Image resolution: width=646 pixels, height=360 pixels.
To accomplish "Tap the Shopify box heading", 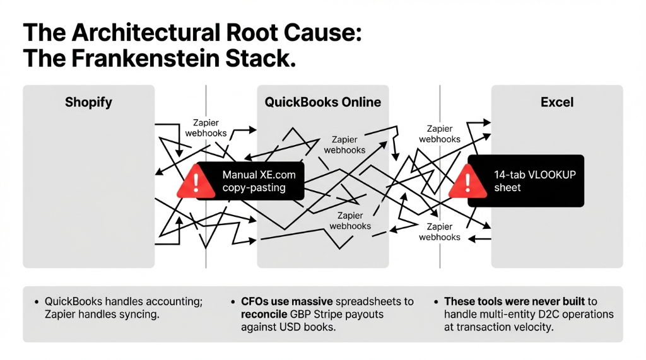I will (88, 102).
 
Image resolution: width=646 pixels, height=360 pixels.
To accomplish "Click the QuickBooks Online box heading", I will (322, 102).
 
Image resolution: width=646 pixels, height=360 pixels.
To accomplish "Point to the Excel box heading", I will (556, 102).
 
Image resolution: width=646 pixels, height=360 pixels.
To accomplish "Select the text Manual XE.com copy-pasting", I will (258, 181).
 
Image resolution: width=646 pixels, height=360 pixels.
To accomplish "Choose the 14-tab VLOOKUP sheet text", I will (535, 181).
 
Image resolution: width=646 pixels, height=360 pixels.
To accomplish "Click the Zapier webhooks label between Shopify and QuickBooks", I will (206, 129).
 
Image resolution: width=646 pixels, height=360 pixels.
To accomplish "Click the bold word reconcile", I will (264, 314).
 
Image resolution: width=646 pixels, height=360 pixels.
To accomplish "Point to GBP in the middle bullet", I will (301, 314).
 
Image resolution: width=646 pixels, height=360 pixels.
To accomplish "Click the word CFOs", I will (256, 302).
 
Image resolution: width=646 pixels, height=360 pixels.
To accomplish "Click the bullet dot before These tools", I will (438, 302).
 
